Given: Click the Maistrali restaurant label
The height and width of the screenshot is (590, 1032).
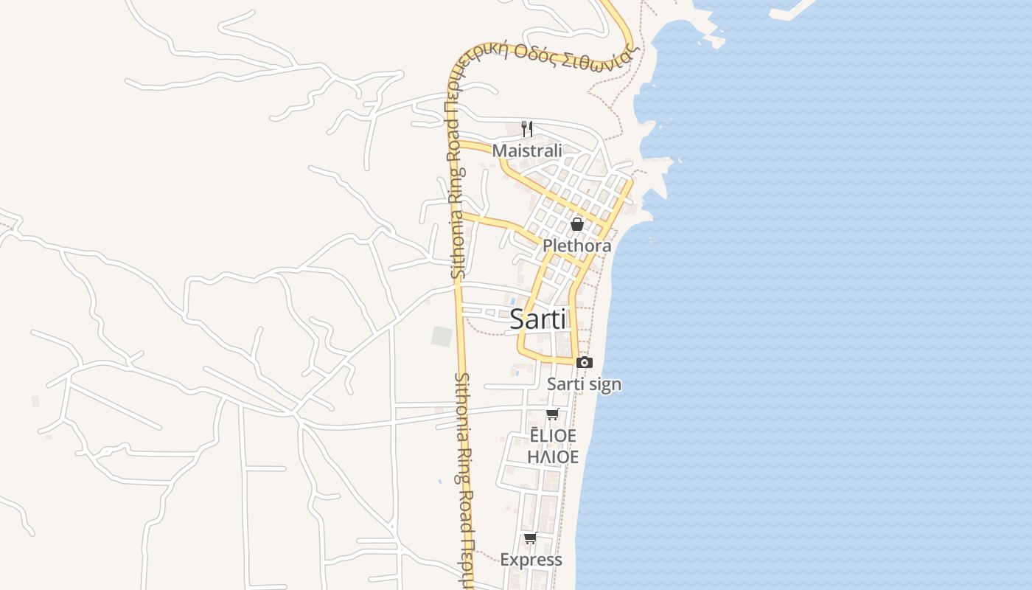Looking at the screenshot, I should (x=527, y=150).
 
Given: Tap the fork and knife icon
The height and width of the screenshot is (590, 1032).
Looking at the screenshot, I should (x=527, y=129).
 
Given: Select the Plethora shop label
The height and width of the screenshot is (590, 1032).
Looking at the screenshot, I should (x=576, y=246).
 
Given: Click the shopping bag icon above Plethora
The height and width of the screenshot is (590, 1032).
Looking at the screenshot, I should (x=577, y=224).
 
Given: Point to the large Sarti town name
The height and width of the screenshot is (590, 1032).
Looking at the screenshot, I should (x=538, y=319).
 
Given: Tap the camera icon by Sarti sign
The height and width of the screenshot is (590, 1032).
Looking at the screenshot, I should (x=585, y=362).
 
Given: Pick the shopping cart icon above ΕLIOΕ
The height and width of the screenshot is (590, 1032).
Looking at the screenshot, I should (x=553, y=414).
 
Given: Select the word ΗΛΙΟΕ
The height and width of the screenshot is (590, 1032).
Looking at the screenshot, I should (x=553, y=457).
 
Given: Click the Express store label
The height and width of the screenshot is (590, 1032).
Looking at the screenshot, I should (x=531, y=560).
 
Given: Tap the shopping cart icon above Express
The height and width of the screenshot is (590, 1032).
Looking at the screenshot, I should (x=531, y=538).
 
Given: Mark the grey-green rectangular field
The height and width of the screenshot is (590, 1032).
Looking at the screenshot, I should (x=442, y=336).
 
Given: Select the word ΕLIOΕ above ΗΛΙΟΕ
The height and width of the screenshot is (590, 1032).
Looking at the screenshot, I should (x=553, y=436).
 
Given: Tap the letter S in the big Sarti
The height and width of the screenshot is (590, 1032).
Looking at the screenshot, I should (x=517, y=319).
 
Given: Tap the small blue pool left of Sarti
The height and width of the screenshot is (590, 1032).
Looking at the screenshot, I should (x=512, y=301).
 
